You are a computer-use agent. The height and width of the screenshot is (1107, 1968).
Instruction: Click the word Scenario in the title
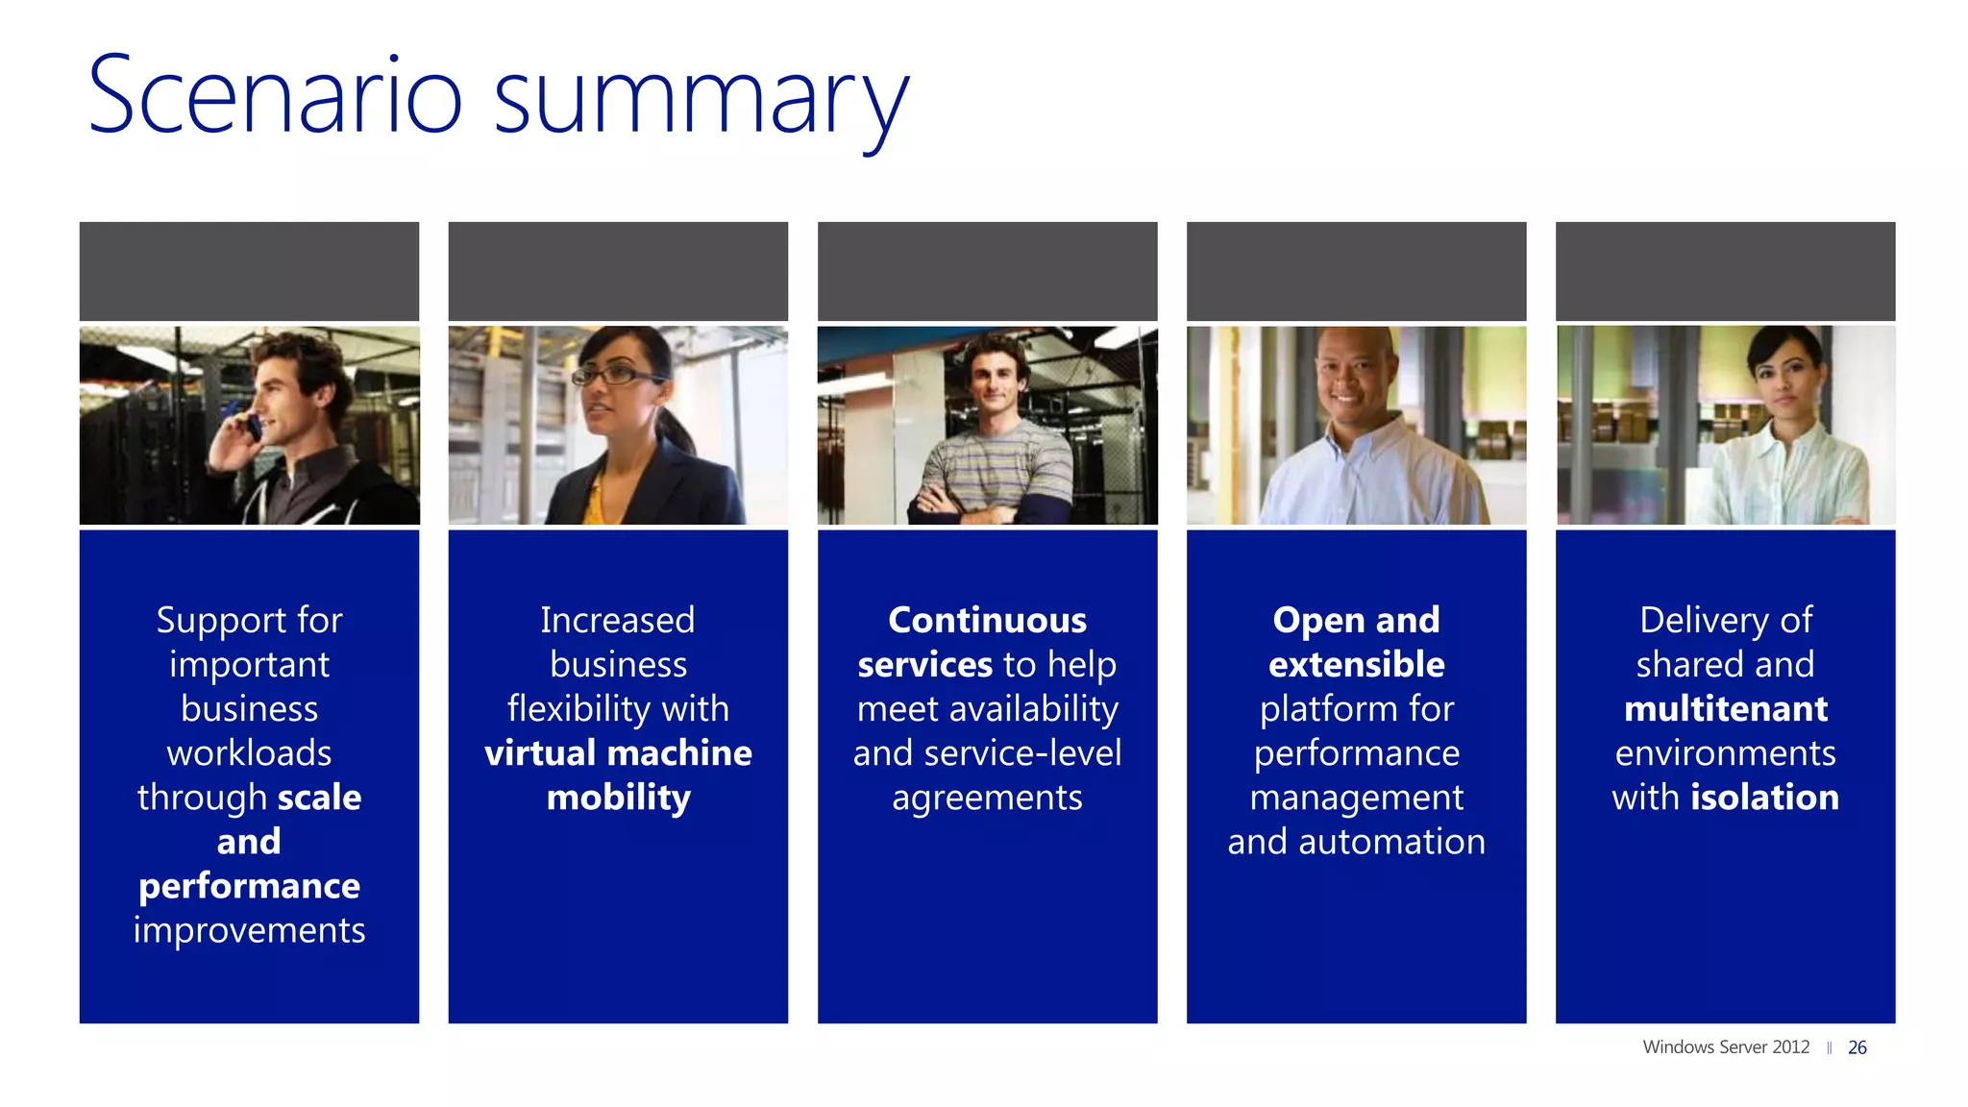coord(275,96)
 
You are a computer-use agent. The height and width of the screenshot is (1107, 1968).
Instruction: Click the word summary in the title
coord(701,101)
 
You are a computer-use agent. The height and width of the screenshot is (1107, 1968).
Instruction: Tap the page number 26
coord(1857,1047)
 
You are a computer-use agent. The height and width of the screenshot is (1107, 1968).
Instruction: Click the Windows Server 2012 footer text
coord(1725,1047)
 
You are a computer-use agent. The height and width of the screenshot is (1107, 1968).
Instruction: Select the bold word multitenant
coord(1725,709)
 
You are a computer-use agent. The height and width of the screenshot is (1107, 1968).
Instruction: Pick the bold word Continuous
coord(987,621)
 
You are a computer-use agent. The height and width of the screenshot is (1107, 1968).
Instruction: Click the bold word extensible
coord(1356,665)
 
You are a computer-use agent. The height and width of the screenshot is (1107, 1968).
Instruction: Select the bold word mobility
coord(618,798)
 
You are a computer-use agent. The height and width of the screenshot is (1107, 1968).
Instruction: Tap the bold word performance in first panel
coord(249,886)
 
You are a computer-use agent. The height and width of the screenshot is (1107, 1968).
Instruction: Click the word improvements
coord(249,930)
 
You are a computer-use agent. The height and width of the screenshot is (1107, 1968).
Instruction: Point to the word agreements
coord(987,799)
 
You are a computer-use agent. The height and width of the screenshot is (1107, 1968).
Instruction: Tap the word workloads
coord(249,753)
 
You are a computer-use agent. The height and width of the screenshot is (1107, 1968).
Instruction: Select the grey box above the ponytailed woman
coord(618,271)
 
